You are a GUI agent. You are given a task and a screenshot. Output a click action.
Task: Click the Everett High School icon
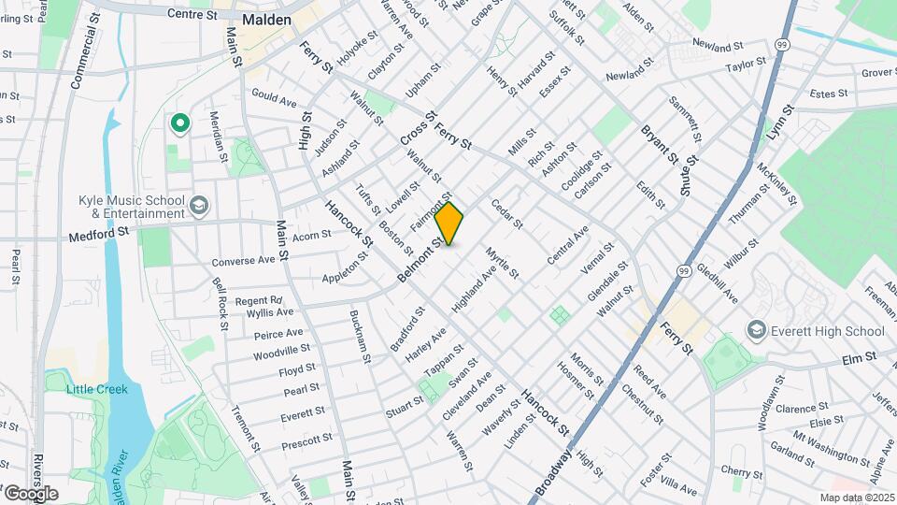tap(756, 331)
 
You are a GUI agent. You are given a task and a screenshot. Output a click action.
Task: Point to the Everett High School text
tap(827, 331)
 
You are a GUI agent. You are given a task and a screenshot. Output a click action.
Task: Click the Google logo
tap(30, 493)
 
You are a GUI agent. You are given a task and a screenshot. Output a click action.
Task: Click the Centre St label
tap(192, 14)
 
